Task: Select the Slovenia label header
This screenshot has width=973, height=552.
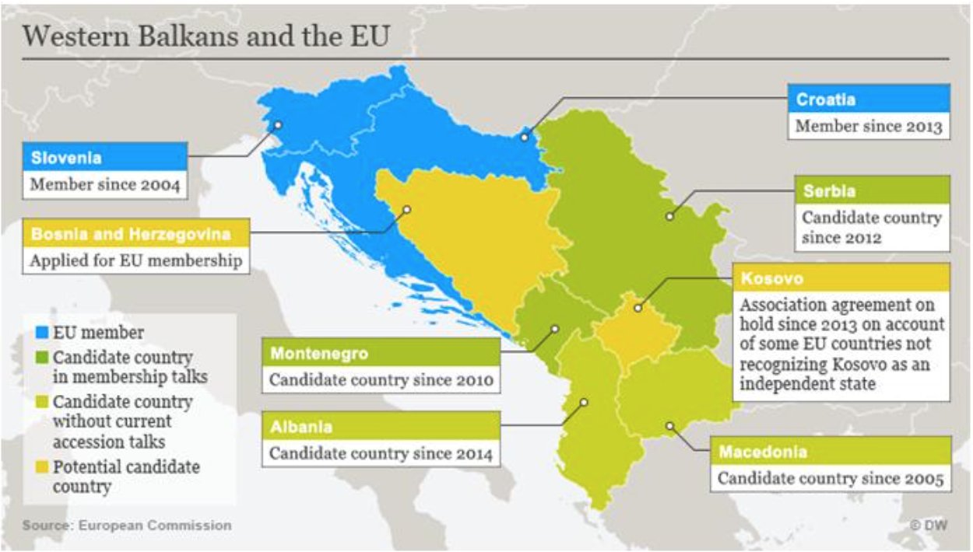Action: [x=105, y=158]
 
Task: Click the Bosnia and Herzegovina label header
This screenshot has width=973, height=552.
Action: [x=136, y=233]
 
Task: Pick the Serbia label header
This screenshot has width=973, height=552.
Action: [x=872, y=190]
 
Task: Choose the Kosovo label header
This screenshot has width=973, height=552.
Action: [x=841, y=278]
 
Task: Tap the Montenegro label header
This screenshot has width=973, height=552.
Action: [x=381, y=354]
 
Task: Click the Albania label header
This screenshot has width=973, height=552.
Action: [x=381, y=427]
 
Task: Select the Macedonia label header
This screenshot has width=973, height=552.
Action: [x=830, y=452]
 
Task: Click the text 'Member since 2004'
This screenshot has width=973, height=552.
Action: [x=105, y=185]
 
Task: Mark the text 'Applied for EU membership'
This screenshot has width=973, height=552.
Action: [x=135, y=260]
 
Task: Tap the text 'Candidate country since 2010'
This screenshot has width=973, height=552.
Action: [x=381, y=381]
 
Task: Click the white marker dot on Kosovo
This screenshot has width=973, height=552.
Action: [x=637, y=308]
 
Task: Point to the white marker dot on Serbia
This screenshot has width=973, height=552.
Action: [x=669, y=216]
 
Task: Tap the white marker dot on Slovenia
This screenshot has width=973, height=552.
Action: [x=277, y=125]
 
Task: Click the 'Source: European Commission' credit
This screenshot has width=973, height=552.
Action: [x=127, y=526]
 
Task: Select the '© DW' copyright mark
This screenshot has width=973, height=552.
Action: [x=928, y=526]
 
